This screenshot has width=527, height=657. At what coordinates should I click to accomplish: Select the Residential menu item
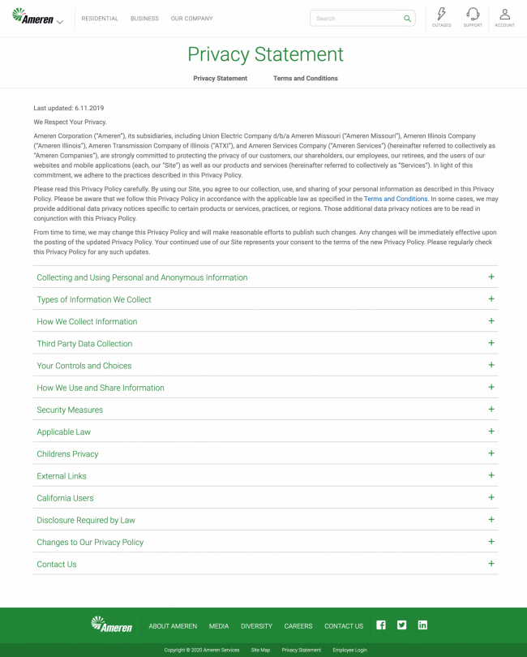click(100, 19)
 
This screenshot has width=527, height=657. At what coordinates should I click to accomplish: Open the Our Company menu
click(191, 19)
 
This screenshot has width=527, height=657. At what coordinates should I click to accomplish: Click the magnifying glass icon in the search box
click(407, 18)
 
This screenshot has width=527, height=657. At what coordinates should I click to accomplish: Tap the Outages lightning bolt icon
click(441, 15)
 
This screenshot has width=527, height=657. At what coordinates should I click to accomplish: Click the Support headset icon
click(473, 15)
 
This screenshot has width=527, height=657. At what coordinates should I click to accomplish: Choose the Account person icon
click(504, 15)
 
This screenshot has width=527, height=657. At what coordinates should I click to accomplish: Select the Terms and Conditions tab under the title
click(305, 79)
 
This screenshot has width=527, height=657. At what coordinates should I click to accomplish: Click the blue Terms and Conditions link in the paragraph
click(396, 199)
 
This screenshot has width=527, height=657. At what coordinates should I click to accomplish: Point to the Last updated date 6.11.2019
click(89, 108)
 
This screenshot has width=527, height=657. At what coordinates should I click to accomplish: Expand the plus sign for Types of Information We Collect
click(491, 299)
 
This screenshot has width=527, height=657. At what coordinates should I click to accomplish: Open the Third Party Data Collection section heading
click(84, 344)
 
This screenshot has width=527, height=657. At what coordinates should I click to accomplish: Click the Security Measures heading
click(70, 410)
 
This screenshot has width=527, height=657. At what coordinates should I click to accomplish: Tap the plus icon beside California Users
click(491, 497)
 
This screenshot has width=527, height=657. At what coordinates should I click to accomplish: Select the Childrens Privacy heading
click(67, 454)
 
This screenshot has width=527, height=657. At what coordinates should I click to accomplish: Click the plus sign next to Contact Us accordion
click(491, 564)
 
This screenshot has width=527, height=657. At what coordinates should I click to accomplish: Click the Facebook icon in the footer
click(381, 625)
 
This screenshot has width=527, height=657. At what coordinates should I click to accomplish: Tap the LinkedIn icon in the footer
click(422, 625)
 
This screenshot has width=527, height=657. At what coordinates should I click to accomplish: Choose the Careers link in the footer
click(298, 626)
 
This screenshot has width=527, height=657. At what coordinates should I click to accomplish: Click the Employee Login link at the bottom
click(349, 650)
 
